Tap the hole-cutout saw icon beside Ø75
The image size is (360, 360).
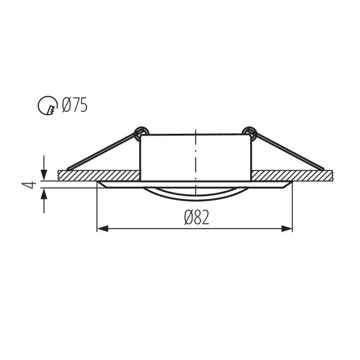pos(46,107)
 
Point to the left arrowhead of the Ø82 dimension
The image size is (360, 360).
pos(102,228)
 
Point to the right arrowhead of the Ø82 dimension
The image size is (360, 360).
pos(287,228)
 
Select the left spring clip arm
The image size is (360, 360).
pos(102,151)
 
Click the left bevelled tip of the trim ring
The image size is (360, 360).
pos(100,185)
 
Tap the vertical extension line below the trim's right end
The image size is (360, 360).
pos(293,210)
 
